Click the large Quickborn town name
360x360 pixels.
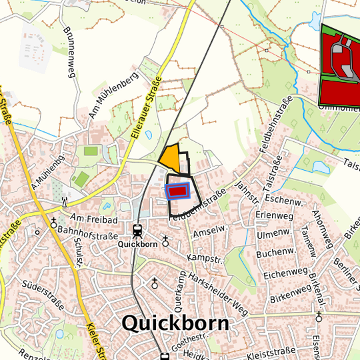pyautogui.click(x=175, y=323)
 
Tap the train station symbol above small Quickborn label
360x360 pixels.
pyautogui.click(x=137, y=231)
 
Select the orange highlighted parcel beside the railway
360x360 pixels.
pyautogui.click(x=170, y=157)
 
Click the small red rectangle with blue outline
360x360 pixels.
pyautogui.click(x=177, y=192)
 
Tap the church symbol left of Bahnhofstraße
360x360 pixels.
pyautogui.click(x=53, y=224)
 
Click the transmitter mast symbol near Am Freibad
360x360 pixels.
pyautogui.click(x=65, y=201)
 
